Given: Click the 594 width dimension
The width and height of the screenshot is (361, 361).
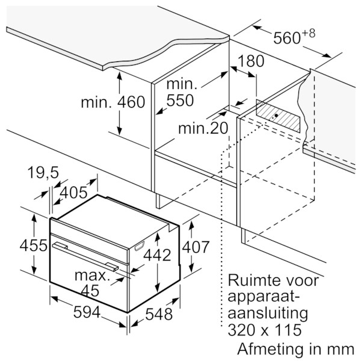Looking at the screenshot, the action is coord(87,312).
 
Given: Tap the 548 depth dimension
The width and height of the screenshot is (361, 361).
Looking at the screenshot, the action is coord(159,314).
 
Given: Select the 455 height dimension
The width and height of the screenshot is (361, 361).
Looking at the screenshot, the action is coord(33,245).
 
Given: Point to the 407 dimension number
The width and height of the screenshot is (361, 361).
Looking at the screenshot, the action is coord(196,247).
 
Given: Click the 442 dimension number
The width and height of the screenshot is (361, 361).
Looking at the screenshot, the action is coord(157,255).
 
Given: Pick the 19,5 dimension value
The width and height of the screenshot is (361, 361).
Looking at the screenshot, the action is coord(43,173).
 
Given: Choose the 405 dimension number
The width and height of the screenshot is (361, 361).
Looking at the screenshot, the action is coord(73,193).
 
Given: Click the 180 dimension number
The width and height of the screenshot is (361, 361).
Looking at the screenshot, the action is coord(251,61).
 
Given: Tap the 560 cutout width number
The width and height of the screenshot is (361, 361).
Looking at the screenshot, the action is coord(287,38).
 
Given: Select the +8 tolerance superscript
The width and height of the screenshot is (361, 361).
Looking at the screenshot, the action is coord(308,33).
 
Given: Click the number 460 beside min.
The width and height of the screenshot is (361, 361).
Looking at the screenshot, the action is coord(131,102).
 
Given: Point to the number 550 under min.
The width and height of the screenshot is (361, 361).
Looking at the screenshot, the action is coord(180,100).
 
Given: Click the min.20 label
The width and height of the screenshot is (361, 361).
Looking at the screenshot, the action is coord(203,128).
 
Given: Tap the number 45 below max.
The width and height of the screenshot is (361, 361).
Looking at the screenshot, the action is coord(90,291).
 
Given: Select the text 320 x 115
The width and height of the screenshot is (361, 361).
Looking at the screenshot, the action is coord(265,330).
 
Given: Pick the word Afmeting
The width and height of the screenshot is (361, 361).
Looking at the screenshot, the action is coord(271,350).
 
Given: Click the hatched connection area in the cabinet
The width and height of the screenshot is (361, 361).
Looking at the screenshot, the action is coord(278,116).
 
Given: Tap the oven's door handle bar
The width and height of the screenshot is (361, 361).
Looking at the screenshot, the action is coord(85,256).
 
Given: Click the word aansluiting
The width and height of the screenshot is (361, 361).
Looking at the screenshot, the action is coord(268,313).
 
